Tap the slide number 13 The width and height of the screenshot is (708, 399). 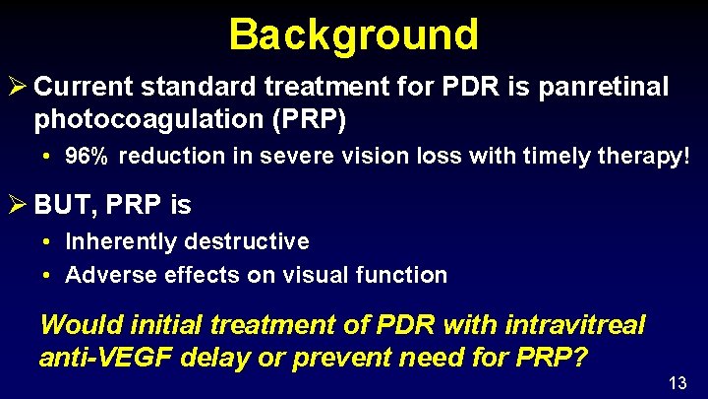pyautogui.click(x=678, y=382)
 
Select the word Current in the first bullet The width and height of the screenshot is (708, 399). pyautogui.click(x=84, y=87)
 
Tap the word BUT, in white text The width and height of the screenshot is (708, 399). pyautogui.click(x=61, y=205)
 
